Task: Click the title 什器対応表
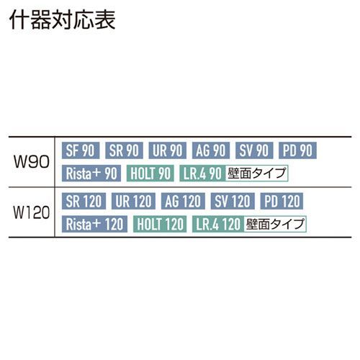(63, 19)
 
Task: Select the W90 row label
(32, 162)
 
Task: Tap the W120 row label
(32, 212)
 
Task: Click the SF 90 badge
(81, 150)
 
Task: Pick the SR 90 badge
(124, 150)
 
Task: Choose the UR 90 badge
(168, 150)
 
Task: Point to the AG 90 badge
(211, 150)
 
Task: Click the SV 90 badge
(254, 150)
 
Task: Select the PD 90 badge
(297, 150)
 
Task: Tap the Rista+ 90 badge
(91, 173)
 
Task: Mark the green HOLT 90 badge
(150, 173)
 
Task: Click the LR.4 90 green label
(202, 173)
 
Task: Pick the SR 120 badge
(84, 201)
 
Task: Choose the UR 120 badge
(133, 201)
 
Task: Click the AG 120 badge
(183, 201)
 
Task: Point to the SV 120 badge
(233, 201)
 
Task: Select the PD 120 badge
(282, 201)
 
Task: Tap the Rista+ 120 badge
(94, 224)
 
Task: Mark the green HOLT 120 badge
(160, 224)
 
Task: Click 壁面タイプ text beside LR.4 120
(275, 224)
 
